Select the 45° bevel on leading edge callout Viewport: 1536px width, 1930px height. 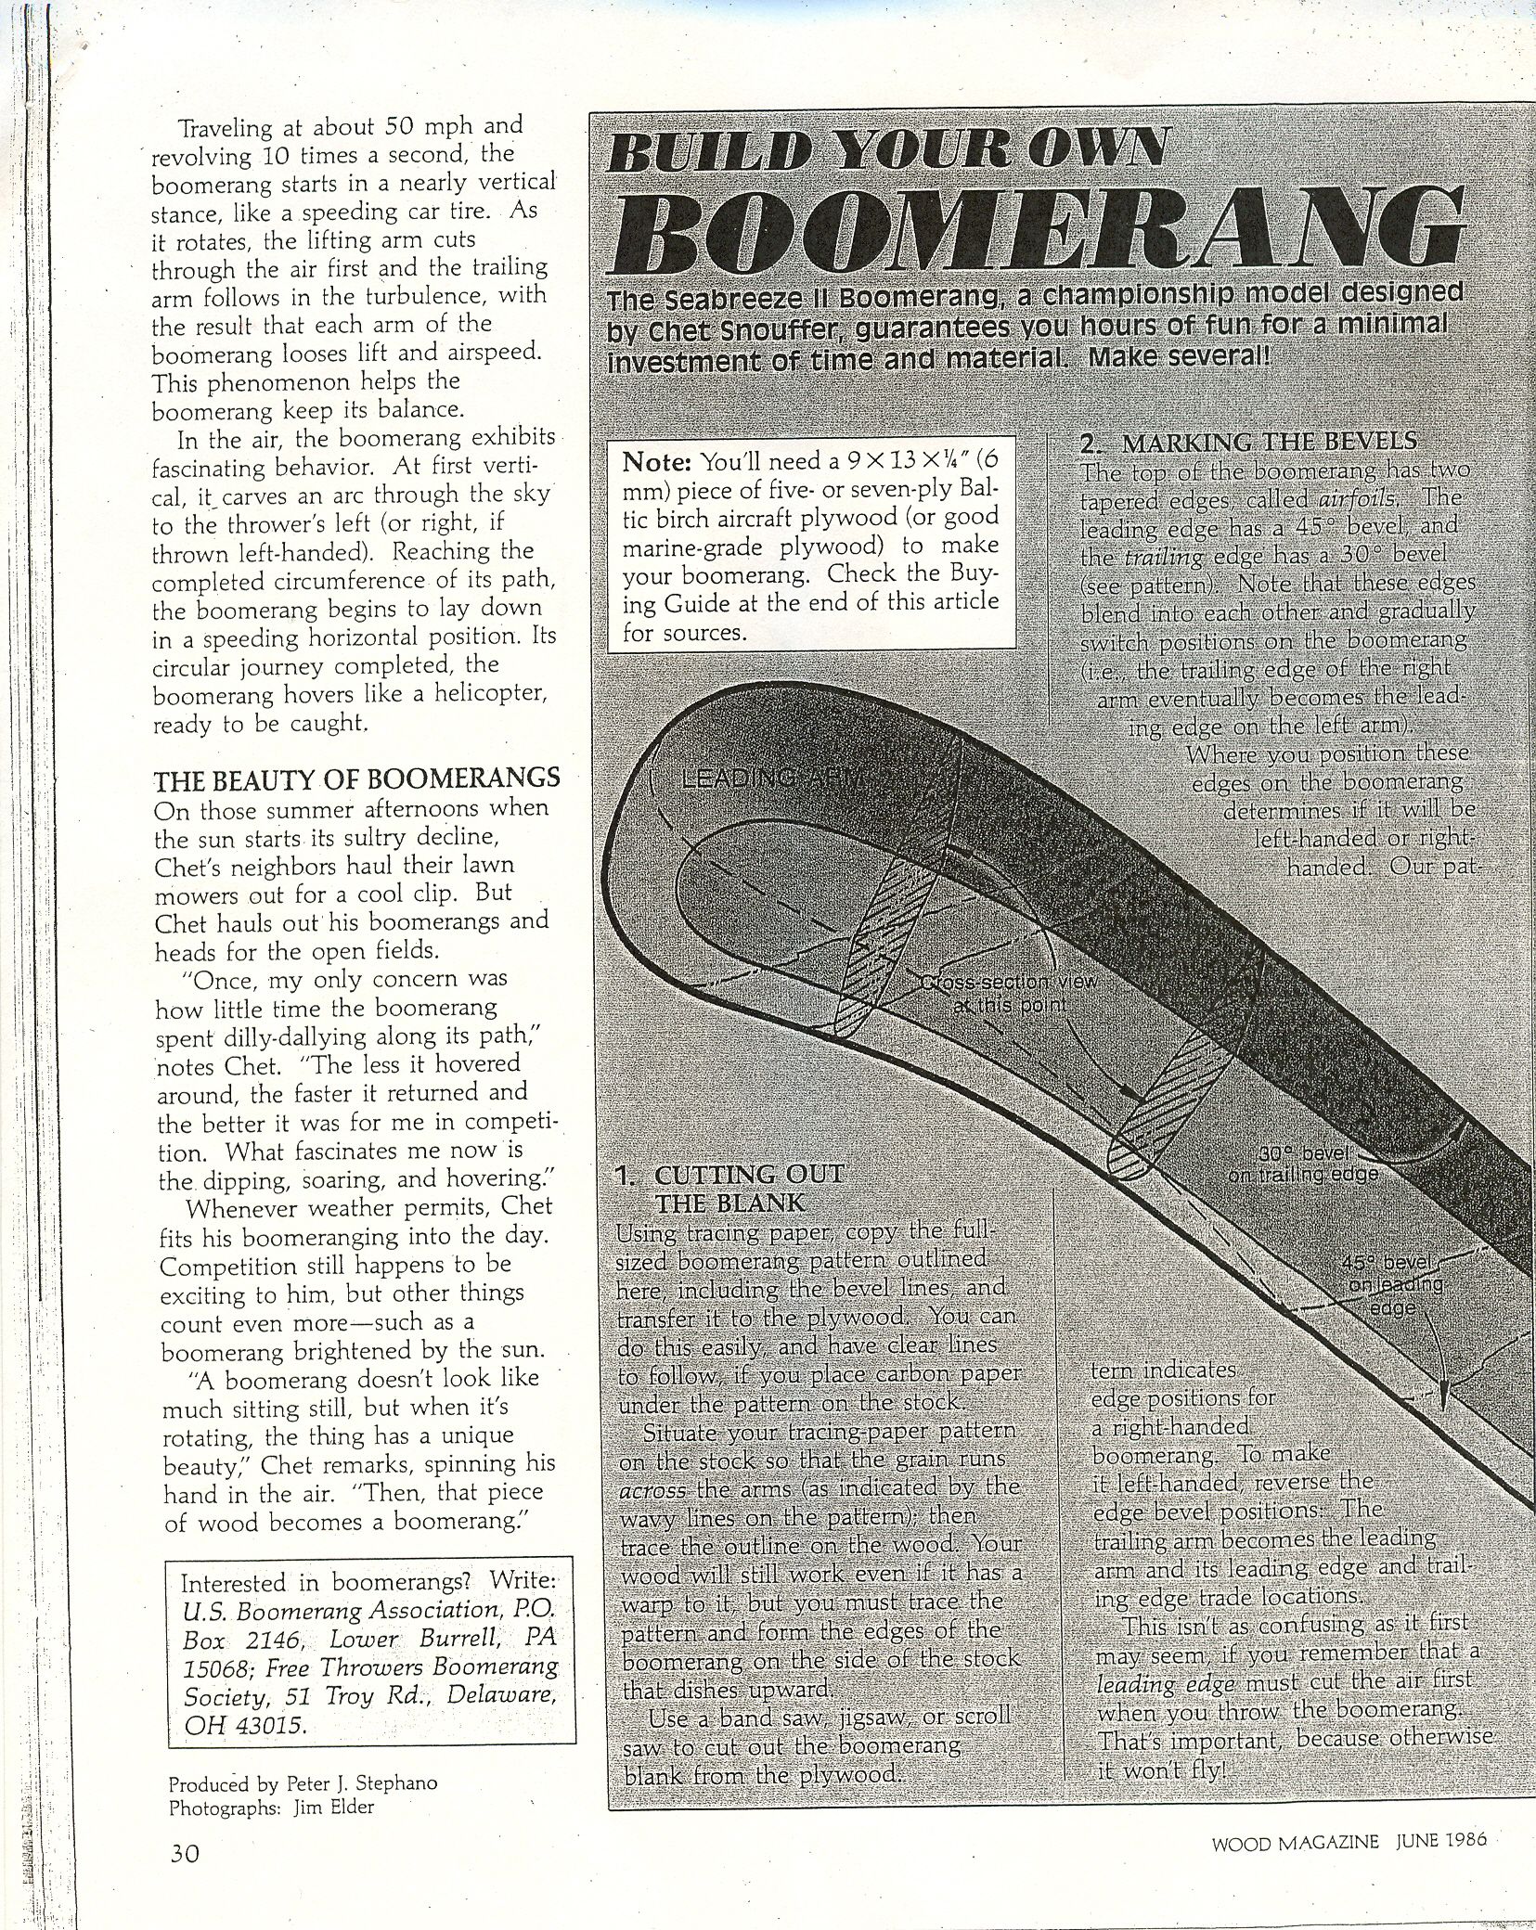tap(1393, 1284)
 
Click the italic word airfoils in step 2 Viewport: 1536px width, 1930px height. tap(1358, 500)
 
